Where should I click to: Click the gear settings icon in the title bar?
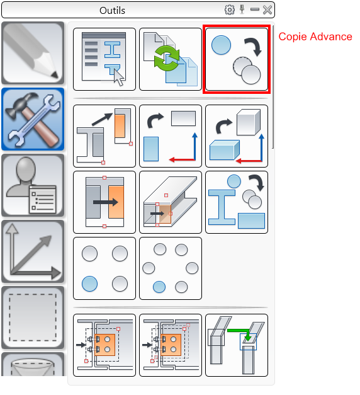(x=229, y=10)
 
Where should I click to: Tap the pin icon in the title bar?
(x=242, y=9)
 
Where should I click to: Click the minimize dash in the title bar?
(x=255, y=9)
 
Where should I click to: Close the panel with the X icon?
(x=267, y=10)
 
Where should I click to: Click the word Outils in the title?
(x=112, y=11)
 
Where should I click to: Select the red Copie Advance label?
(x=315, y=37)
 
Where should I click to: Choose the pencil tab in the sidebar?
(x=33, y=53)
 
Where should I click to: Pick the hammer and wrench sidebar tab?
(x=33, y=119)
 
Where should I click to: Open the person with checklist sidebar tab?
(x=33, y=185)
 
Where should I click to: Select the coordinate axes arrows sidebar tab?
(x=33, y=251)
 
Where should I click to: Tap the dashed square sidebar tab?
(x=33, y=318)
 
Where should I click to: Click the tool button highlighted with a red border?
(x=237, y=59)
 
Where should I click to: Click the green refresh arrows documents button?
(x=171, y=59)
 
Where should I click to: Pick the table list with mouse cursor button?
(x=104, y=59)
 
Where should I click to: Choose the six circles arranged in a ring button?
(x=171, y=268)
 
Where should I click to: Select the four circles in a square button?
(x=104, y=268)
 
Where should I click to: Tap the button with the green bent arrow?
(x=237, y=345)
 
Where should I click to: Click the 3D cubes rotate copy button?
(x=237, y=136)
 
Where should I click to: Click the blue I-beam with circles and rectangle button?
(x=237, y=202)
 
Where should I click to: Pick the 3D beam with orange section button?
(x=171, y=202)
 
